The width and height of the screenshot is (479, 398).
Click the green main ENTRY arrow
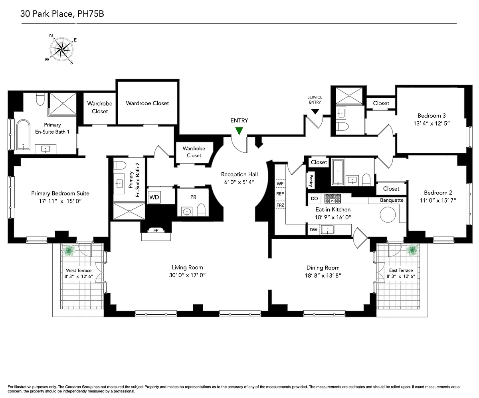coord(239,131)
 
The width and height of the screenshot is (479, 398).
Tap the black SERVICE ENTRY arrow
coord(315,112)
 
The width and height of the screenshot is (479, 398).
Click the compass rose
coord(61,49)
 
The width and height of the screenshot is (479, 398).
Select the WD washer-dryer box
coord(154,197)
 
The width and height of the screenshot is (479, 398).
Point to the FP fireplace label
coord(156,231)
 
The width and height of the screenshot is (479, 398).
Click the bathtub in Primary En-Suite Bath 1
coord(23,134)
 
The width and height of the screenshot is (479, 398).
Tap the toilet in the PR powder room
coord(201,210)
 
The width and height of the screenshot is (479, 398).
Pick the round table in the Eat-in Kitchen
coord(388,215)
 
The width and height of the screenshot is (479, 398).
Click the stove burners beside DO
coord(333,199)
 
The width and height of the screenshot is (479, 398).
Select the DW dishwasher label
coord(313,230)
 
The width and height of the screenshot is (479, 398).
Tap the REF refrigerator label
coord(280,194)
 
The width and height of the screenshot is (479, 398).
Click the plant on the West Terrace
coord(69,251)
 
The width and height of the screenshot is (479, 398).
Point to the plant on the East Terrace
coord(412,250)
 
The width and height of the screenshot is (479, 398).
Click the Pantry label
coord(311,180)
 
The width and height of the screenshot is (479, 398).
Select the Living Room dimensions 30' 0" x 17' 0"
coord(187,275)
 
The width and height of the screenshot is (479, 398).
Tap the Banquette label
coord(392,200)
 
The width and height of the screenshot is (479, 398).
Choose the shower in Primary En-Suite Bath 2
coord(129,211)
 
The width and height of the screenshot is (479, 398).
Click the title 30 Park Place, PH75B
coord(62,14)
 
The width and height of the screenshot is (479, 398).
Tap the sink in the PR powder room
coord(187,212)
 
